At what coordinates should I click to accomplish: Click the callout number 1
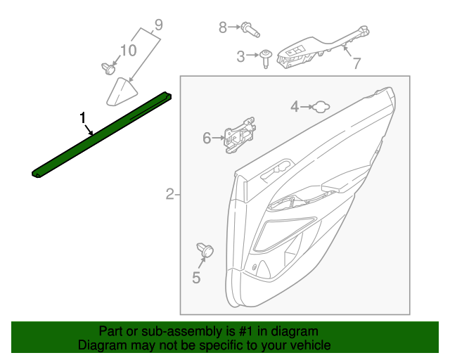[83, 117]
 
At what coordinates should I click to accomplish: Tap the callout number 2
[169, 194]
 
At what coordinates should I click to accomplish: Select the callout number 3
[240, 56]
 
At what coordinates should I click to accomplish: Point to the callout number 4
[295, 106]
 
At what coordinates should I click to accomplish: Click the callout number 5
[196, 278]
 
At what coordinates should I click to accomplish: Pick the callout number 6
[207, 138]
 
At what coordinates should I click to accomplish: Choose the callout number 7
[356, 63]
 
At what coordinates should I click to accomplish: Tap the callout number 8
[223, 27]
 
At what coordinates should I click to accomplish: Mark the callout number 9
[157, 25]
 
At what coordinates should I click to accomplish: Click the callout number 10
[128, 50]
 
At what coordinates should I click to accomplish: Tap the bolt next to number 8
[249, 29]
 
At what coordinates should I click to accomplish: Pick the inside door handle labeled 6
[239, 136]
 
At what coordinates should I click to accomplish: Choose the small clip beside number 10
[108, 68]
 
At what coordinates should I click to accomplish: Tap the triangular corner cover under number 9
[121, 93]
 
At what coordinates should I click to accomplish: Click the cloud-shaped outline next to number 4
[320, 106]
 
